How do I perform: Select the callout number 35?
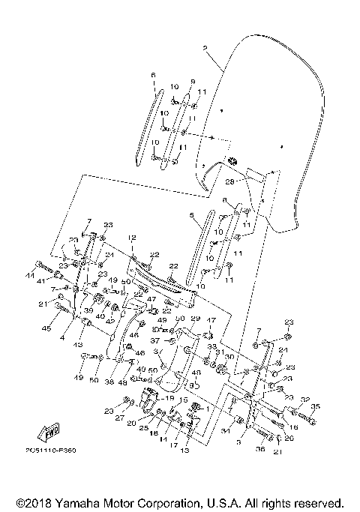[315, 406]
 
